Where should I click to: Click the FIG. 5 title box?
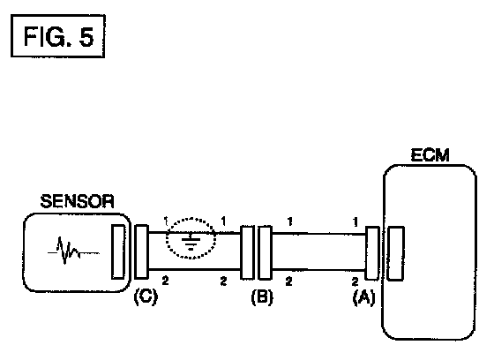click(58, 35)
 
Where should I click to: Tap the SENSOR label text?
click(78, 201)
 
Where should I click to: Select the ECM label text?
click(430, 155)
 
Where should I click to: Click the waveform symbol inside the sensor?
click(73, 251)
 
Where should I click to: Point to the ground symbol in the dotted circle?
click(191, 242)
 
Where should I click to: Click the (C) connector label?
click(146, 296)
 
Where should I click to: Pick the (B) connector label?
click(262, 296)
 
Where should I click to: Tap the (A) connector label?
click(363, 296)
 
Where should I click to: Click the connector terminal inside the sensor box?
click(118, 251)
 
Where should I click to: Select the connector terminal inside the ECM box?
click(395, 253)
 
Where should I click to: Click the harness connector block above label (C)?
click(141, 251)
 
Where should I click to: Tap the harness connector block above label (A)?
click(372, 253)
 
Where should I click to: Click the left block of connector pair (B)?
click(247, 252)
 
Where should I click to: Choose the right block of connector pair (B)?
click(265, 253)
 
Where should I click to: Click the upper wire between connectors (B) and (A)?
click(318, 234)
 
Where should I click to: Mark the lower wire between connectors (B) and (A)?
click(318, 270)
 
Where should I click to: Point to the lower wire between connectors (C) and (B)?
click(194, 269)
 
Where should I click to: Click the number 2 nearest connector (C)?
click(166, 281)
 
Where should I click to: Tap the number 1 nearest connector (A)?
click(356, 222)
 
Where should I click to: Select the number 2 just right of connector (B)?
click(289, 281)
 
